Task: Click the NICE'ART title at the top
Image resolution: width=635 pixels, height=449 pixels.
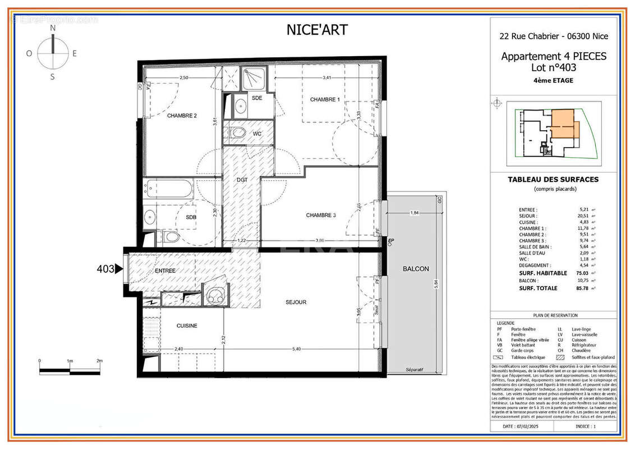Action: [x=317, y=30]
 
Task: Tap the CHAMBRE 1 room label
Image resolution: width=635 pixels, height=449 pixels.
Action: [x=325, y=99]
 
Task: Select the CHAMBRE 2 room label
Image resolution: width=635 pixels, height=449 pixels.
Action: [x=182, y=116]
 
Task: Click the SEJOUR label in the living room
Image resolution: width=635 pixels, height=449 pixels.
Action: [x=296, y=302]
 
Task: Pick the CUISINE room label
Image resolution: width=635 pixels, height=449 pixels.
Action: [x=187, y=326]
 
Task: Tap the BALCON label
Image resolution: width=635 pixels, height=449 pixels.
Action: [x=416, y=269]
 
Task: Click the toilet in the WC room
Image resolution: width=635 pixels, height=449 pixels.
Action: [x=238, y=133]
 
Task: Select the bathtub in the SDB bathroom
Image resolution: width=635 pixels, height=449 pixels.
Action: [x=169, y=189]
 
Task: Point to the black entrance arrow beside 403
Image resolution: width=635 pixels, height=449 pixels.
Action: [x=119, y=269]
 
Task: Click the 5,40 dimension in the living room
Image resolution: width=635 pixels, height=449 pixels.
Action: [x=297, y=349]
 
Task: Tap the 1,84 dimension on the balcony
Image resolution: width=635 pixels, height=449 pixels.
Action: [x=415, y=213]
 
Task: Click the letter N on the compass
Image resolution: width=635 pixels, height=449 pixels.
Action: [x=53, y=28]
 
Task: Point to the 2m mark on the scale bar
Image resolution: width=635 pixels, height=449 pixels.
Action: [x=99, y=361]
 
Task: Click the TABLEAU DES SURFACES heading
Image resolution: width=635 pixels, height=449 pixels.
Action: [x=553, y=180]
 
